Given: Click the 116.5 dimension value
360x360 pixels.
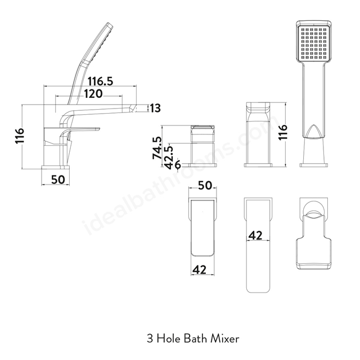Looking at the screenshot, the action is point(100,81).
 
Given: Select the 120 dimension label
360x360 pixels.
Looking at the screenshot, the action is point(93,94).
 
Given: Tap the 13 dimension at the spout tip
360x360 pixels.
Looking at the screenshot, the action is point(155,108).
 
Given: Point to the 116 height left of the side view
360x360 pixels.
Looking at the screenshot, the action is point(20,136).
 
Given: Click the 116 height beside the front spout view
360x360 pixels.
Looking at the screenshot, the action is point(282,132).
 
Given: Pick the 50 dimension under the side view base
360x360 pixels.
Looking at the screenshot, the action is point(58,179).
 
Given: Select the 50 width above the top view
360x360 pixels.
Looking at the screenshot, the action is point(205,185).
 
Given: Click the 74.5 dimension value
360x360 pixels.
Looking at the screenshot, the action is point(157,148).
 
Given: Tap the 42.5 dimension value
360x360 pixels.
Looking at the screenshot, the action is point(169,157).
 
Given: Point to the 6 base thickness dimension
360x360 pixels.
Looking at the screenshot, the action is point(178,165).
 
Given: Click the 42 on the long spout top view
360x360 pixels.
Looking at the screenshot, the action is point(255,235).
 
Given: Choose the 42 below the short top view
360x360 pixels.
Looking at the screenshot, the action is point(199,270).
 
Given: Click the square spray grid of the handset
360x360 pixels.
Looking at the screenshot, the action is point(313,43).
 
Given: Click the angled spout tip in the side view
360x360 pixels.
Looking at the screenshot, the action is point(133,109).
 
